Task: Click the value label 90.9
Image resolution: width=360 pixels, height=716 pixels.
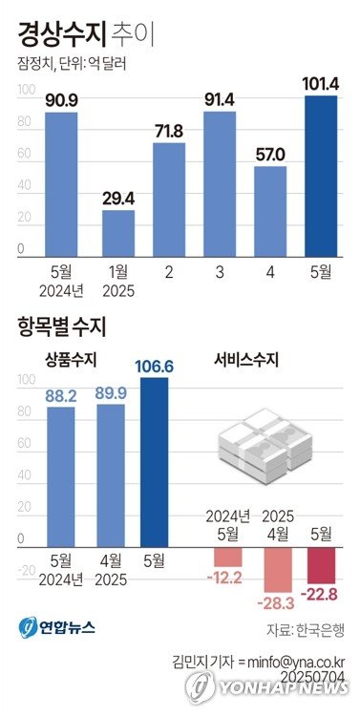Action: click(61, 100)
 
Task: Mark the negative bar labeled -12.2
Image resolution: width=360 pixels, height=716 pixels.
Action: click(228, 557)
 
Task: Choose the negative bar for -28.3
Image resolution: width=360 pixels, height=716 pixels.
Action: click(277, 570)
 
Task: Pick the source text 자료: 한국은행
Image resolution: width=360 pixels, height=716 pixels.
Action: click(305, 630)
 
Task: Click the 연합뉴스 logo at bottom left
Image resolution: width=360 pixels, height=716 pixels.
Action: click(55, 628)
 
